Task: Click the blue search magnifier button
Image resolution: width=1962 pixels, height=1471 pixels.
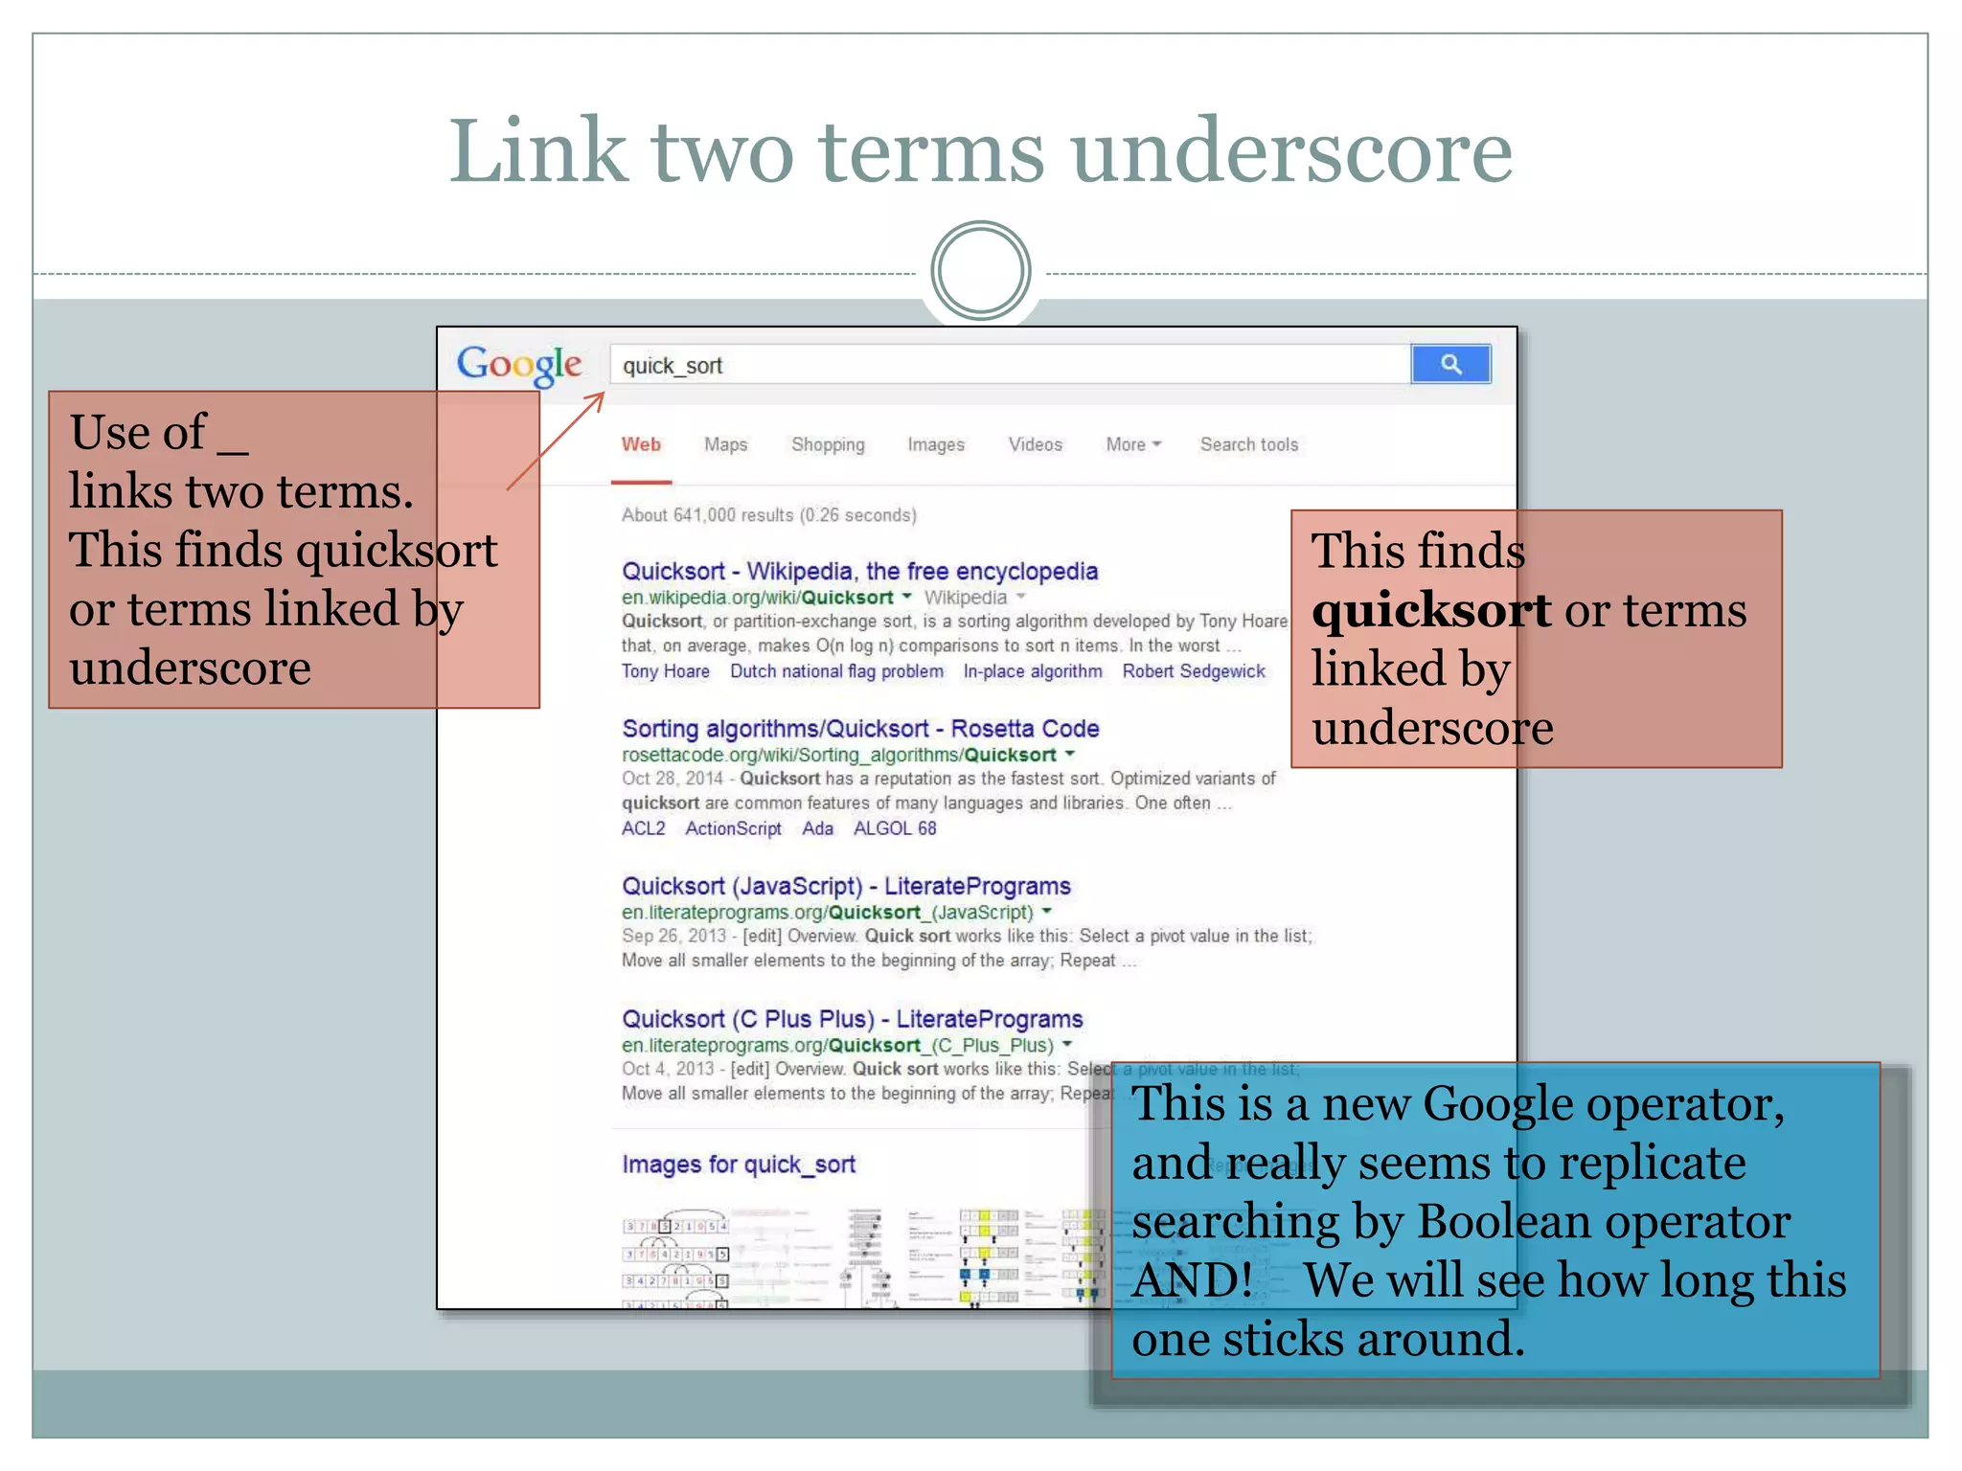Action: click(1450, 364)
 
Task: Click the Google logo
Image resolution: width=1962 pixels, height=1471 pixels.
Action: click(519, 364)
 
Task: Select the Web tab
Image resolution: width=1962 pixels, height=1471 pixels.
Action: click(641, 444)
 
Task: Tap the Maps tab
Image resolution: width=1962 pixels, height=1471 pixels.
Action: click(725, 444)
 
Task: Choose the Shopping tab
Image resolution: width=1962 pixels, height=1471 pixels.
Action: click(828, 444)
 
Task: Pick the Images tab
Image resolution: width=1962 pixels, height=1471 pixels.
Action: click(936, 444)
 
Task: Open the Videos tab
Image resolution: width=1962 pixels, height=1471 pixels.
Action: click(1035, 444)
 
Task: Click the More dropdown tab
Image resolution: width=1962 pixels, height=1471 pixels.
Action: click(1132, 444)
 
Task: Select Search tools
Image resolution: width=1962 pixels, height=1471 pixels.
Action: click(1249, 444)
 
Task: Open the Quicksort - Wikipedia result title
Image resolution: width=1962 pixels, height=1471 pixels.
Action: click(859, 571)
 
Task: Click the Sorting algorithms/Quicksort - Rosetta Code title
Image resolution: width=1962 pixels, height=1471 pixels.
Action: click(860, 728)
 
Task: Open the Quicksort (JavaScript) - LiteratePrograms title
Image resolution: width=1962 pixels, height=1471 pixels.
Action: click(846, 886)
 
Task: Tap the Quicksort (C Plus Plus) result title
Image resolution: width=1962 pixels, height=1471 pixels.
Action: click(852, 1019)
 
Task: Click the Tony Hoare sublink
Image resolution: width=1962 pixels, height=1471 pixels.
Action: click(666, 671)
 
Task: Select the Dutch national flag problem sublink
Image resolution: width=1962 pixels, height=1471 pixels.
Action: click(836, 671)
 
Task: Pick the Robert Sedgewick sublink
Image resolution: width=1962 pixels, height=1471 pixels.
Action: click(1194, 671)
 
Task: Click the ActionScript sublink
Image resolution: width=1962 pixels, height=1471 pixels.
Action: click(733, 828)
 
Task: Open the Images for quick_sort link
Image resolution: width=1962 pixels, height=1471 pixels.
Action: click(739, 1165)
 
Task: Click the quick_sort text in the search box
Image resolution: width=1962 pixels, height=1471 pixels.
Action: click(673, 366)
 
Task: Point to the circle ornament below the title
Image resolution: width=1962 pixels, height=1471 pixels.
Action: click(980, 271)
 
